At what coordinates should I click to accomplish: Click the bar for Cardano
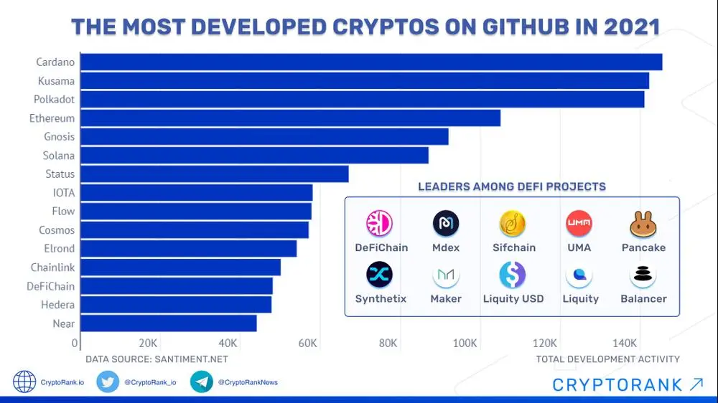371,62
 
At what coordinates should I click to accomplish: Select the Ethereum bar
290,118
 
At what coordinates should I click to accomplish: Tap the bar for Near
168,323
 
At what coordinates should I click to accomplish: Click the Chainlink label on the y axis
52,267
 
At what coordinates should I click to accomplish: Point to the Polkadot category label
54,100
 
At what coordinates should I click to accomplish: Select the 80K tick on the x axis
388,343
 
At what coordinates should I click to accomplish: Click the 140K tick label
625,343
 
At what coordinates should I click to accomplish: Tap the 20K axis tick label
148,343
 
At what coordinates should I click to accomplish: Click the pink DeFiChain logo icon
379,224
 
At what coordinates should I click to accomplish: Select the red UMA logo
579,224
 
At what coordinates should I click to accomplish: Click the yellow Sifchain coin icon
513,224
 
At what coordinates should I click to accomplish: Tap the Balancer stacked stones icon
643,275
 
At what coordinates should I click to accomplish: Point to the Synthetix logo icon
379,275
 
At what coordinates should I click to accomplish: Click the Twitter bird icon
108,382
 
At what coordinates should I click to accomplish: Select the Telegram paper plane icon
201,382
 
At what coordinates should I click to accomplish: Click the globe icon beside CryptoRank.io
25,382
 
